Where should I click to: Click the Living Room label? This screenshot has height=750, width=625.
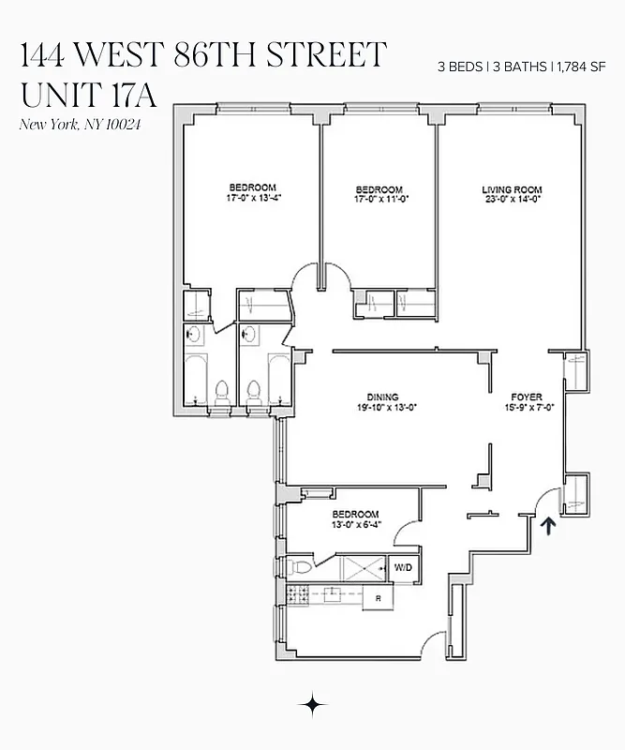click(x=512, y=190)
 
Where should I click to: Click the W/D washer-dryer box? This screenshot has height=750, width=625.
click(x=403, y=567)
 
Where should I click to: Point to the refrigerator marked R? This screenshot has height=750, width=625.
click(x=378, y=597)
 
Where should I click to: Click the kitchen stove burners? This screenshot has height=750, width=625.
click(x=298, y=592)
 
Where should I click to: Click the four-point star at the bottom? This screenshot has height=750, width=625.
click(x=312, y=705)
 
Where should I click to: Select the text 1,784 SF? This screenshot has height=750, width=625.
click(x=582, y=67)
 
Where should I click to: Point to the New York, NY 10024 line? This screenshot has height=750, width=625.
click(x=80, y=126)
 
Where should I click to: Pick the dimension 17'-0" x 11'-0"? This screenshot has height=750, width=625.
click(x=381, y=199)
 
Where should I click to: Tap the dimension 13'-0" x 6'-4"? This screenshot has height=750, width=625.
click(x=355, y=524)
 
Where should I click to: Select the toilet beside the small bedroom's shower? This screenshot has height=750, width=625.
click(x=300, y=566)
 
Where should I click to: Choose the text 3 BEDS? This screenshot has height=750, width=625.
click(x=456, y=67)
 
